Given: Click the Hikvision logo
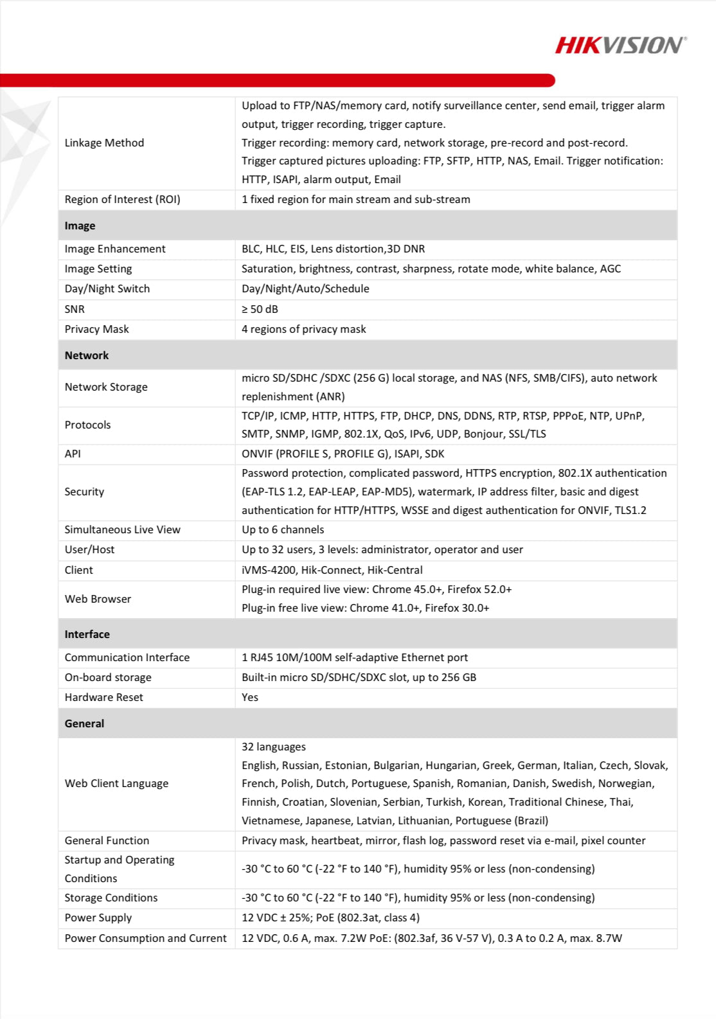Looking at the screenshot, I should (620, 45).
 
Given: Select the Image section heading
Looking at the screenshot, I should (80, 226).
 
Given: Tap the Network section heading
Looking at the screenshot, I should (87, 355).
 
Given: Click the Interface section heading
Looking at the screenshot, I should (87, 634).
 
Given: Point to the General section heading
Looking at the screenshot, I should (84, 723).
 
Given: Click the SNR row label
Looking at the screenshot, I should (75, 309).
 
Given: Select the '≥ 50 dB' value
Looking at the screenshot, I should (260, 309).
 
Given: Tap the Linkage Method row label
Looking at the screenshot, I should (104, 143).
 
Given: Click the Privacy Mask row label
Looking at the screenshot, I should (96, 329).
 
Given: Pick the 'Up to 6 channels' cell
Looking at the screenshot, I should (283, 529).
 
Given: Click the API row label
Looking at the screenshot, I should (73, 454).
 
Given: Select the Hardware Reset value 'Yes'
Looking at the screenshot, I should (250, 697).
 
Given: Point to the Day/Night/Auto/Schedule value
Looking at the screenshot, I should (305, 288).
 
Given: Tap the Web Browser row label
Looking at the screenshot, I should (98, 599).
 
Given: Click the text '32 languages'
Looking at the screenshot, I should (274, 747).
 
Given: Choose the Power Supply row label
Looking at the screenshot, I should (98, 917).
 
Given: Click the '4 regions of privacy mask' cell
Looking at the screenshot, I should (303, 329).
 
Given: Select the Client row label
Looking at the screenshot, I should (78, 570).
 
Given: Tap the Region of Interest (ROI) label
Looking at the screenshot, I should (122, 199).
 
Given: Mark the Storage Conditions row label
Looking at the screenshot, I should (111, 898).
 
